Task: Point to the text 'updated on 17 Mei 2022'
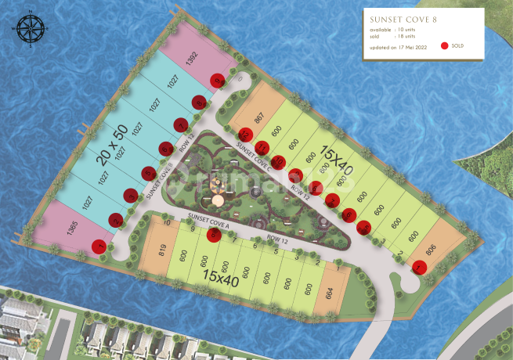[398, 47]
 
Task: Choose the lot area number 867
[259, 118]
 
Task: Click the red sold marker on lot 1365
[99, 247]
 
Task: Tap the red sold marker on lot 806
[419, 267]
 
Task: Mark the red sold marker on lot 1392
[219, 80]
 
